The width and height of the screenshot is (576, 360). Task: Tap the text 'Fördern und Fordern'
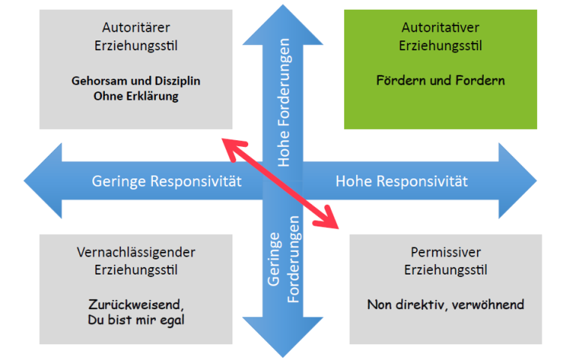[440, 80]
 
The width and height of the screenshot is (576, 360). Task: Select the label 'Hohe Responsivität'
[401, 181]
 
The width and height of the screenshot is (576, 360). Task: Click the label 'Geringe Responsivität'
[166, 181]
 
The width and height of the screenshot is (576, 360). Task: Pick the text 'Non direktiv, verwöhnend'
[445, 305]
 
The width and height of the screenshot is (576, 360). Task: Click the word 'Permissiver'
[445, 252]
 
